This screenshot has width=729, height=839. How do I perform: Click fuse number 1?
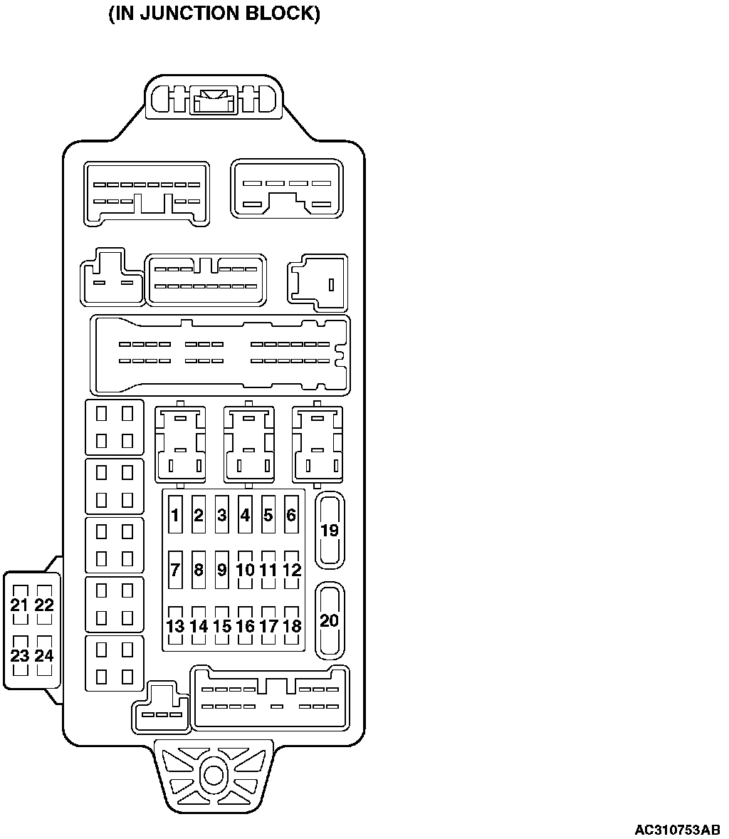click(175, 514)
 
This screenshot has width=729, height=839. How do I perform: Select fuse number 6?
click(291, 514)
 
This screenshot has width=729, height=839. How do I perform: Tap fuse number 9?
click(221, 569)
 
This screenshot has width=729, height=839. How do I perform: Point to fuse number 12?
click(291, 569)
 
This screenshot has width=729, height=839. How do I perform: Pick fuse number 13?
click(175, 625)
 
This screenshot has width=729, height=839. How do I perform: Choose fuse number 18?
click(291, 625)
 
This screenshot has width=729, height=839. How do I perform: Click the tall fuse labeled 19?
click(330, 531)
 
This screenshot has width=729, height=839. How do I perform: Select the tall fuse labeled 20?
click(330, 620)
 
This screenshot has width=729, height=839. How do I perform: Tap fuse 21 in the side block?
click(20, 605)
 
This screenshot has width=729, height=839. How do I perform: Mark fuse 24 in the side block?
click(44, 655)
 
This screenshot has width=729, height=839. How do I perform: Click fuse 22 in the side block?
click(44, 605)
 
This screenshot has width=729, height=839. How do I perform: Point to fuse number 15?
click(221, 625)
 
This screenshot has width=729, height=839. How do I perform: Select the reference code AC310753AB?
click(677, 830)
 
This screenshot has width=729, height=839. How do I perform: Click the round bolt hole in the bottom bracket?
click(213, 775)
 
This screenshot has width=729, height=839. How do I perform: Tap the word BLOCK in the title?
click(280, 14)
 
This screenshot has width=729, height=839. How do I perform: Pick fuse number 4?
click(245, 514)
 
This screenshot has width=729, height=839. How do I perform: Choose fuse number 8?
click(199, 569)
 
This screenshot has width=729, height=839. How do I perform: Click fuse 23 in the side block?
click(20, 655)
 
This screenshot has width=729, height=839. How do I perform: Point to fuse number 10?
click(245, 569)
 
